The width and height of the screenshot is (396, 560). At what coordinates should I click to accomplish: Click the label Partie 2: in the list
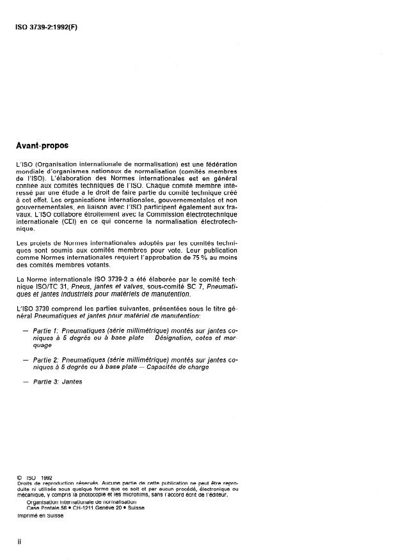tap(46, 360)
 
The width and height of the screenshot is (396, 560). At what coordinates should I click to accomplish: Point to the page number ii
tap(20, 541)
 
